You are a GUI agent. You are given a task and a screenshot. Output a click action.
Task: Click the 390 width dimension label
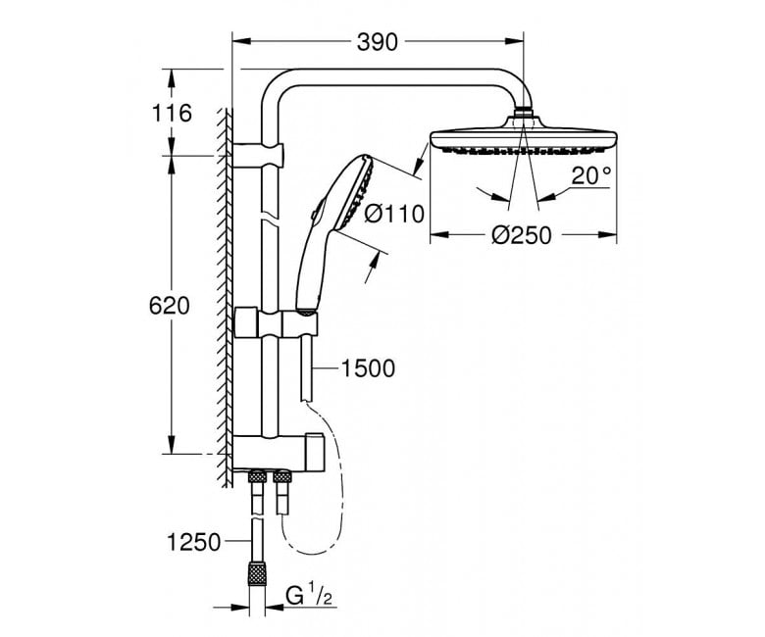378,42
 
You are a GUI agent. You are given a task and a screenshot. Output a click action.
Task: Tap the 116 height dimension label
172,114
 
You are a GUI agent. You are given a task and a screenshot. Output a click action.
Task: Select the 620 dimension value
169,306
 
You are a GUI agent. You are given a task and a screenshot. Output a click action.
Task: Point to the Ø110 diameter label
394,214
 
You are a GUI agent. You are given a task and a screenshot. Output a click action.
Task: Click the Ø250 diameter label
522,235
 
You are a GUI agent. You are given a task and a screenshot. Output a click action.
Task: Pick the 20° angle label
591,175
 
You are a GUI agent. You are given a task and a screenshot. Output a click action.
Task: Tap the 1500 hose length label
368,368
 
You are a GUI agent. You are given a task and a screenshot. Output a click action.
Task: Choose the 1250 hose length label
193,542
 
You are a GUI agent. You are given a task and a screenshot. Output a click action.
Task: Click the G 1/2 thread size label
309,596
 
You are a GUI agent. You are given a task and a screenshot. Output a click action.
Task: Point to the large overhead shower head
523,136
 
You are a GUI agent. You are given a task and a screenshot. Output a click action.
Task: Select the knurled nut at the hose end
257,573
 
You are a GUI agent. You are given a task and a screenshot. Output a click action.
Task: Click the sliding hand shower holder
277,322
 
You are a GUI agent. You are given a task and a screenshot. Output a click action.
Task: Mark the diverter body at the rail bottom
278,453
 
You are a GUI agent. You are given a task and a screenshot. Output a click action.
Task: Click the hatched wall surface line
225,297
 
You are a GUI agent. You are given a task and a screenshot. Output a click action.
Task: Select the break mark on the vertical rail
270,216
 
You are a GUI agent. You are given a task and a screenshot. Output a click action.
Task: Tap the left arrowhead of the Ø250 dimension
439,235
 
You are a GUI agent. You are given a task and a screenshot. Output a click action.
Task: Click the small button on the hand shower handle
313,214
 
